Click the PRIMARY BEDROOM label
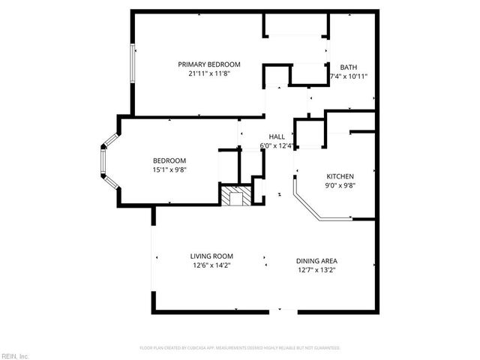208,64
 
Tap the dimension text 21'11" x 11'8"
208,73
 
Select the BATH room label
349,67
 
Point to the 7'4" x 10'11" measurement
349,76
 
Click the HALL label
277,136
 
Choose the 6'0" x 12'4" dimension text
277,145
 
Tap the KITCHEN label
340,176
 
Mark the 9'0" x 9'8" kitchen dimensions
340,185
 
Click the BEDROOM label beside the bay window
169,161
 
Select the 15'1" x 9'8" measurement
169,170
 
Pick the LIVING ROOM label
211,256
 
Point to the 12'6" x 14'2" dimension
211,265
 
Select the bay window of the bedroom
107,160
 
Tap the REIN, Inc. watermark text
15,355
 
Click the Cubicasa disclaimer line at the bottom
240,348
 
